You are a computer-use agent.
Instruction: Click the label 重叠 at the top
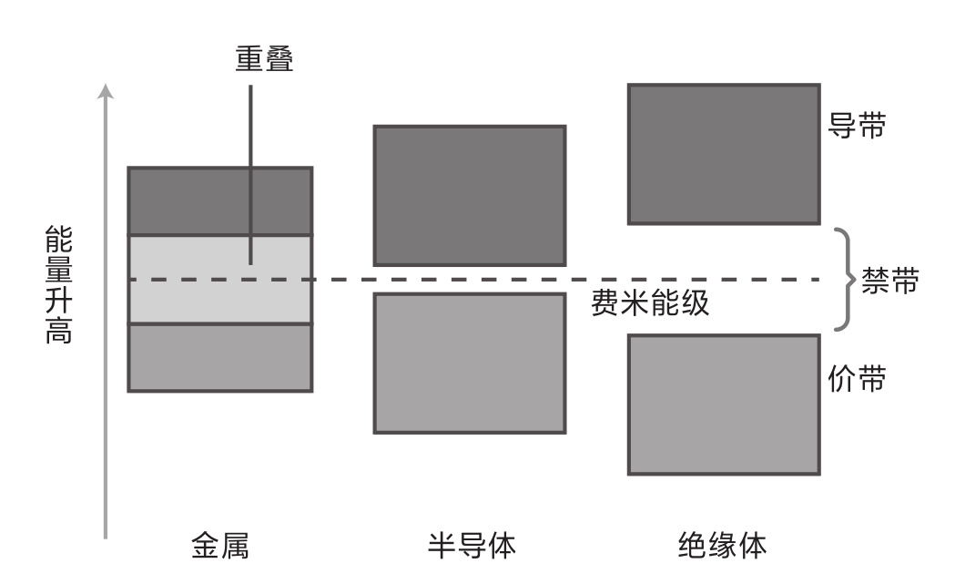pyautogui.click(x=264, y=58)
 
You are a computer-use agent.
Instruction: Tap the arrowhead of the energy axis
pyautogui.click(x=106, y=91)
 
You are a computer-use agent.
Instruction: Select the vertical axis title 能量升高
pyautogui.click(x=59, y=284)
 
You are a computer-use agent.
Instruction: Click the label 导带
pyautogui.click(x=857, y=126)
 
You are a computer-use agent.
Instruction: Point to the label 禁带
pyautogui.click(x=889, y=281)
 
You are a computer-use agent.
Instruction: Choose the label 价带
pyautogui.click(x=857, y=379)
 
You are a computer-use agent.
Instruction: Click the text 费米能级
pyautogui.click(x=650, y=302)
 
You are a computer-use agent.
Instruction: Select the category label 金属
pyautogui.click(x=220, y=545)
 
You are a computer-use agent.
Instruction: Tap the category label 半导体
pyautogui.click(x=472, y=545)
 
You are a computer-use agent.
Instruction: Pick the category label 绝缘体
pyautogui.click(x=722, y=545)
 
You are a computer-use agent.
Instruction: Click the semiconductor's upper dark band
pyautogui.click(x=470, y=196)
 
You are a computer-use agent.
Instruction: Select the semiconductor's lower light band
pyautogui.click(x=470, y=364)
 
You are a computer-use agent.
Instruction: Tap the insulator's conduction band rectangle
pyautogui.click(x=724, y=154)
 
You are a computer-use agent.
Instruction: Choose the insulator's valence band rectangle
pyautogui.click(x=724, y=405)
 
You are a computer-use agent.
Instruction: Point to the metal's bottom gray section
pyautogui.click(x=220, y=358)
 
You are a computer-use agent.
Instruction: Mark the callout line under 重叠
pyautogui.click(x=250, y=175)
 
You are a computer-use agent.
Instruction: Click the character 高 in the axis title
pyautogui.click(x=59, y=331)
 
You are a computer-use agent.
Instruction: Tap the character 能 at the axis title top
pyautogui.click(x=59, y=239)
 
